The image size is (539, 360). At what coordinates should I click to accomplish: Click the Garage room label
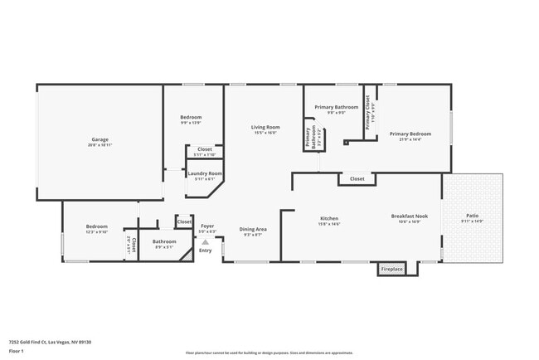pos(100,139)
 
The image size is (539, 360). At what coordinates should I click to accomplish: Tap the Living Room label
pos(265,127)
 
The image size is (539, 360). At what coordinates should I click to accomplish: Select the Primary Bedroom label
pos(410,134)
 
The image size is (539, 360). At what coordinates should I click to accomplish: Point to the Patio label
pos(472,216)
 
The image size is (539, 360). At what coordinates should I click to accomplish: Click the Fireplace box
pos(391,270)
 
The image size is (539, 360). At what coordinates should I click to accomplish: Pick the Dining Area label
pos(253,229)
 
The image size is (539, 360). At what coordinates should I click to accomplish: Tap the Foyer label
pos(206,226)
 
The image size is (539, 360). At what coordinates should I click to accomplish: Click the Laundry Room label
pos(204,173)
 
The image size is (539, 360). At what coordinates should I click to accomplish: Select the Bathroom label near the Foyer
pos(163,241)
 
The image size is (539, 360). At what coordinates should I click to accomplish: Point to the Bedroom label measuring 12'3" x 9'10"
pos(97,226)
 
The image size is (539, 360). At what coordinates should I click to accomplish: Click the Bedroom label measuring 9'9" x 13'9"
pos(191,117)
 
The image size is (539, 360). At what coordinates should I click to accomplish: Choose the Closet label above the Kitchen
pos(357,178)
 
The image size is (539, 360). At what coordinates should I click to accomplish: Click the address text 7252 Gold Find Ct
pos(50,342)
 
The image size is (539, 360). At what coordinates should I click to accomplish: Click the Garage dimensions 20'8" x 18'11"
pos(100,145)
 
